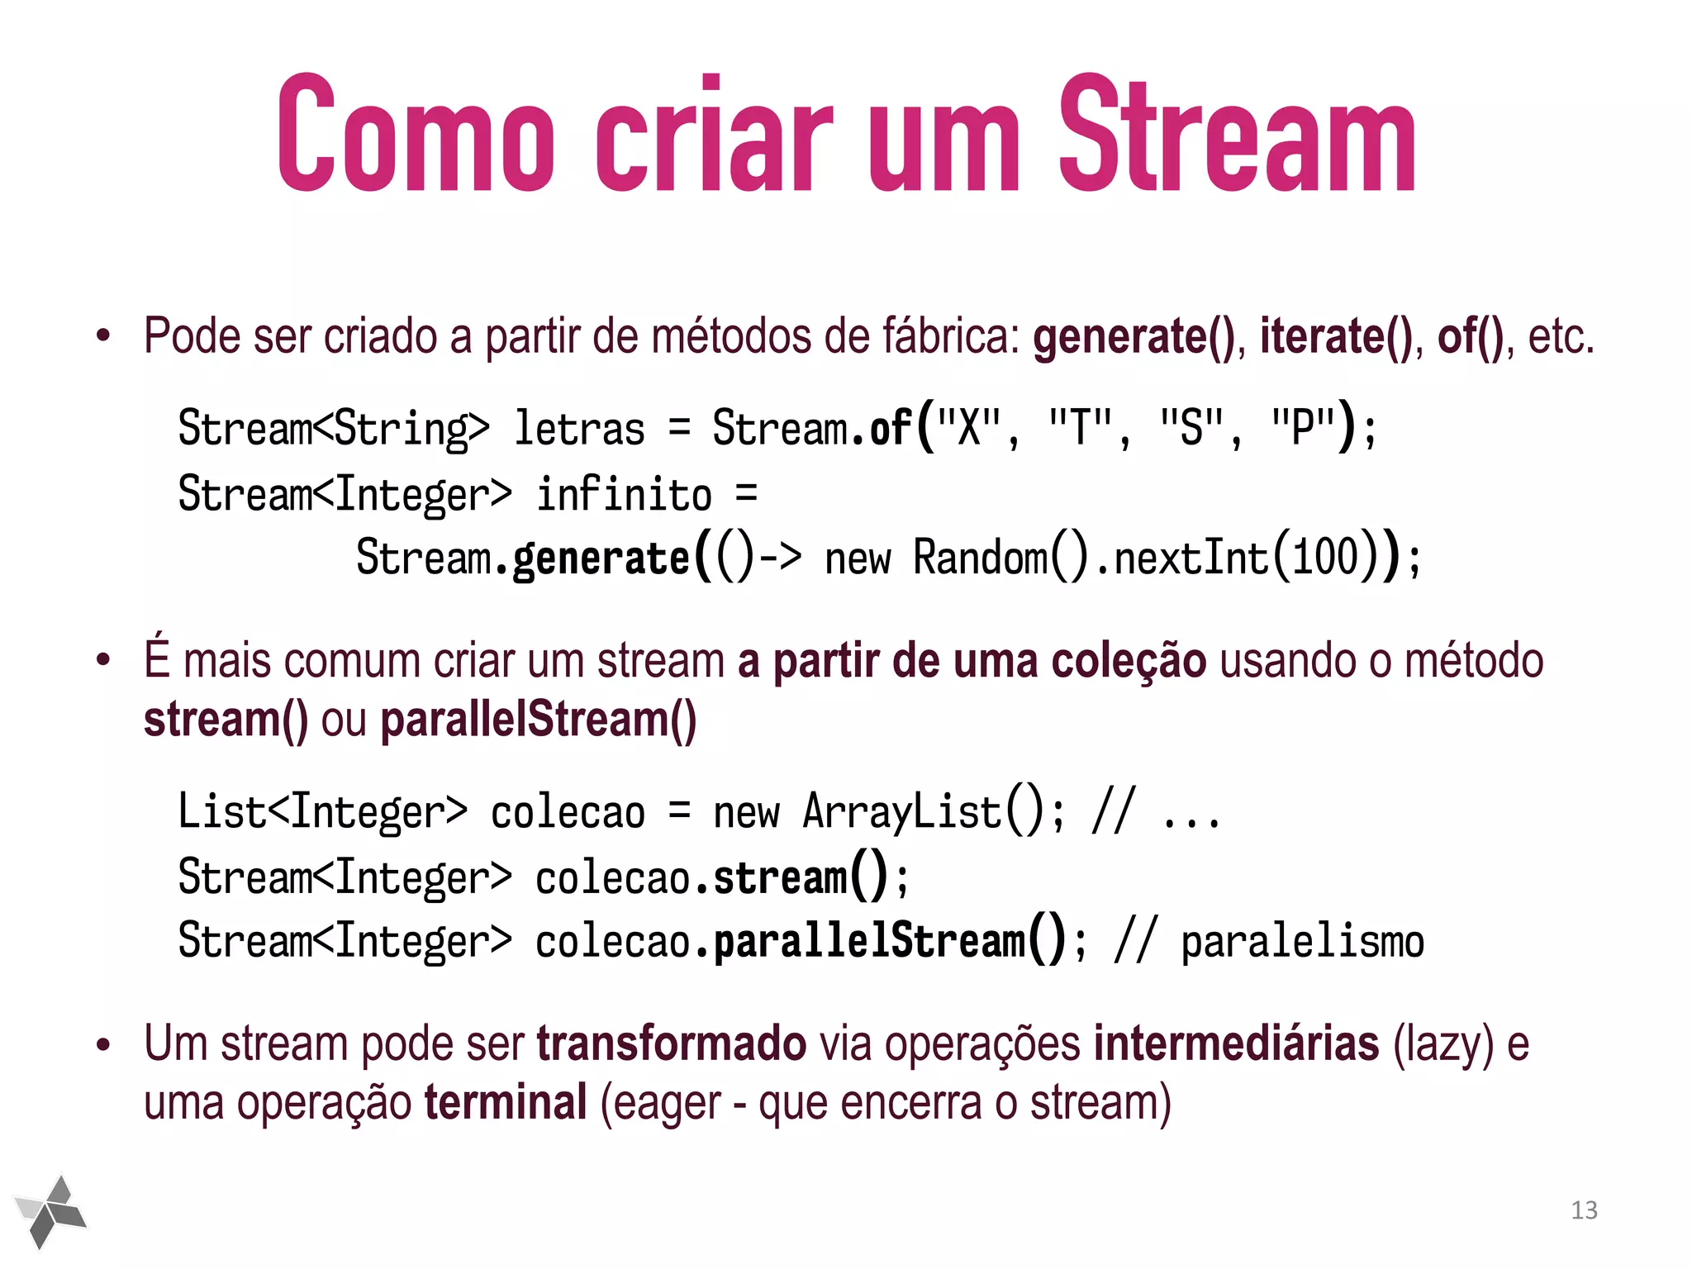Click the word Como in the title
(416, 134)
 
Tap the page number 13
(1584, 1210)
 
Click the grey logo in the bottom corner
(51, 1211)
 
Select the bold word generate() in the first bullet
(1134, 337)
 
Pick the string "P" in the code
(1302, 428)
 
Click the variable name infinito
(625, 494)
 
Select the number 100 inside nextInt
(1325, 558)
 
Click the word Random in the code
(981, 558)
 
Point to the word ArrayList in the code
(902, 811)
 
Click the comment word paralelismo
(1303, 942)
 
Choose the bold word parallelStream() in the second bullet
(539, 720)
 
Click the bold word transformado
(671, 1043)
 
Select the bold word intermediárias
(1236, 1043)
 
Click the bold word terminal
(506, 1103)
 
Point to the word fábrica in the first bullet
(951, 337)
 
